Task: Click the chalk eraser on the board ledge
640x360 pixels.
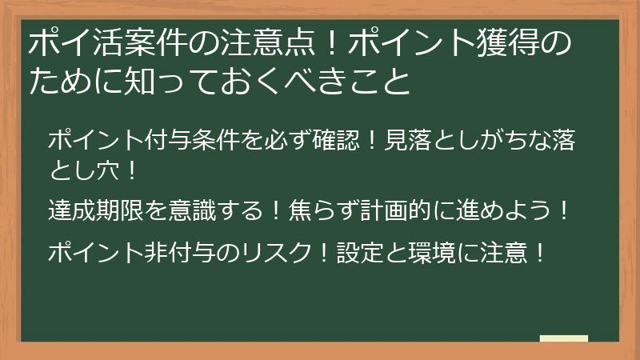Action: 564,339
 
